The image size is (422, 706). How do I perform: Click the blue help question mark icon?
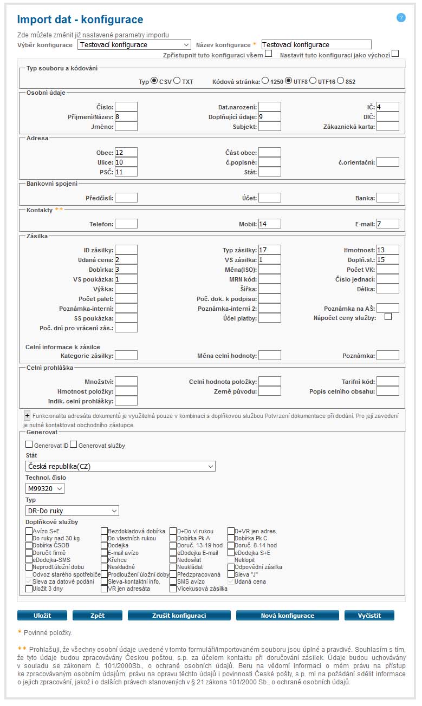401,17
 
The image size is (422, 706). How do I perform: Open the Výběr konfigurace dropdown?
134,44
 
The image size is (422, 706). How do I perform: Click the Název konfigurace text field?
316,44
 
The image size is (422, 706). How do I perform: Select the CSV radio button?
154,81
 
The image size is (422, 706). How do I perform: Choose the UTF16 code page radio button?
313,81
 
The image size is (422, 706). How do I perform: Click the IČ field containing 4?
387,107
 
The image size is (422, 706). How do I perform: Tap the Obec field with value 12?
126,152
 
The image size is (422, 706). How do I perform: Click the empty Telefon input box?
126,223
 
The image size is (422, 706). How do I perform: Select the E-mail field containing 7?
387,223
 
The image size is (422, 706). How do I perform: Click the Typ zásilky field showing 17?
269,250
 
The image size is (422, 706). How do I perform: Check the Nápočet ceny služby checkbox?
388,317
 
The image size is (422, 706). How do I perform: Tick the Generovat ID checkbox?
29,445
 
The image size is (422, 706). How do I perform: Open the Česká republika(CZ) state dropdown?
120,466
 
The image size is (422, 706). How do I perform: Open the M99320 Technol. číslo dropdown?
45,488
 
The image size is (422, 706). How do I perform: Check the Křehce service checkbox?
105,560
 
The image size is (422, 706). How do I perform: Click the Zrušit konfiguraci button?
179,616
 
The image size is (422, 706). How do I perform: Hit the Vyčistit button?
369,616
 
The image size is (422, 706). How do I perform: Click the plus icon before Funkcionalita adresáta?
27,415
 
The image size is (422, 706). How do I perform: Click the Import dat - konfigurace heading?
80,20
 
